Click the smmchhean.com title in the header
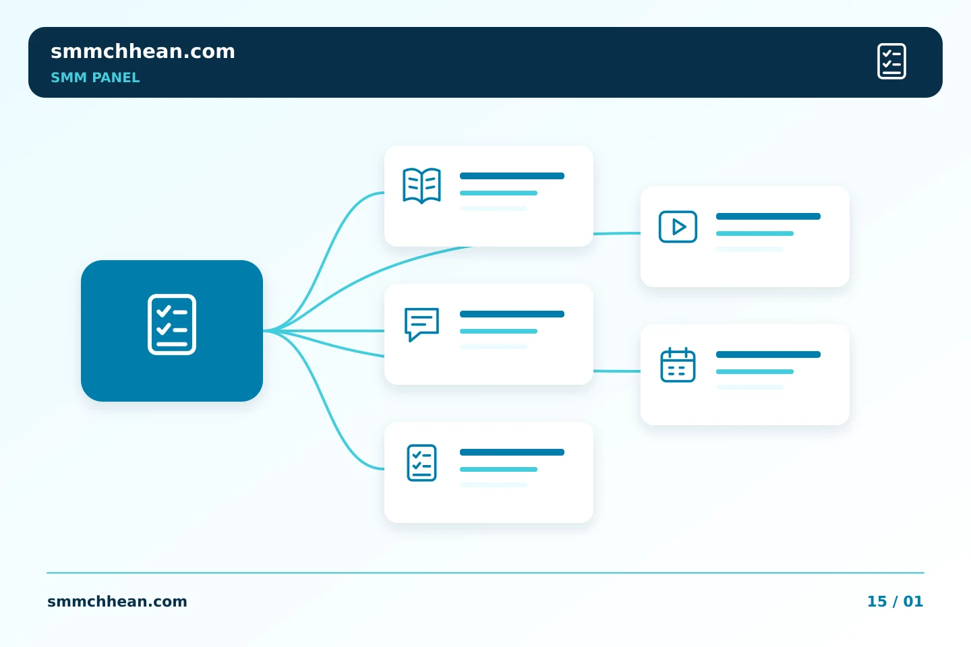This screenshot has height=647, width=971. click(143, 51)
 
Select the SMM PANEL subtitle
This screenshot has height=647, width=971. click(95, 78)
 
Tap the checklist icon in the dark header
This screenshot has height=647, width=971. click(891, 61)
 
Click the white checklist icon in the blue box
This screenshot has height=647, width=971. click(172, 325)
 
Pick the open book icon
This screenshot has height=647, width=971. click(422, 185)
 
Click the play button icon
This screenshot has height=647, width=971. click(678, 226)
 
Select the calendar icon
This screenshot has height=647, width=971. click(678, 365)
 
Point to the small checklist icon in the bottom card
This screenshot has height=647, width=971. click(422, 463)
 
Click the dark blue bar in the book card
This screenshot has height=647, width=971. click(512, 176)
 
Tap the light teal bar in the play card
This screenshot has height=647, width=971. click(755, 234)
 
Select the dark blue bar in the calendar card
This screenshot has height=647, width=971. click(768, 355)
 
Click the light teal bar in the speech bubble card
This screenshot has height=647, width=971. click(498, 332)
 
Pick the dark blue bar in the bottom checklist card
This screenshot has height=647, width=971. click(512, 452)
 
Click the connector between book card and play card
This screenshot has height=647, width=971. click(617, 234)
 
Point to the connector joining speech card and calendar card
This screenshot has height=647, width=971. click(617, 371)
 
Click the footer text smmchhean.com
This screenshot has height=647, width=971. click(117, 601)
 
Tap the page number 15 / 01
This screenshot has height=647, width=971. click(895, 601)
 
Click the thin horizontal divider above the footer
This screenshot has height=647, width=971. click(486, 573)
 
